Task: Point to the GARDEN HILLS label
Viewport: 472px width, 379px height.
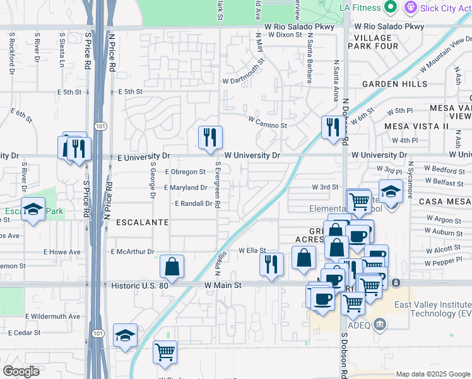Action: pyautogui.click(x=395, y=83)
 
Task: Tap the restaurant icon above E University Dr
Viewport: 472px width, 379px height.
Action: pyautogui.click(x=210, y=137)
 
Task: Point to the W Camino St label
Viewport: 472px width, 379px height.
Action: pyautogui.click(x=268, y=121)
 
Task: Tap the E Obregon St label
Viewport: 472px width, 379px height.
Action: pyautogui.click(x=185, y=172)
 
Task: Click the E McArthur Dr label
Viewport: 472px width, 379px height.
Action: pyautogui.click(x=133, y=251)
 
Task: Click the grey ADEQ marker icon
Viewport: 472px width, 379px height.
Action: pyautogui.click(x=380, y=326)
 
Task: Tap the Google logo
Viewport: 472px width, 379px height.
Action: pyautogui.click(x=21, y=371)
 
